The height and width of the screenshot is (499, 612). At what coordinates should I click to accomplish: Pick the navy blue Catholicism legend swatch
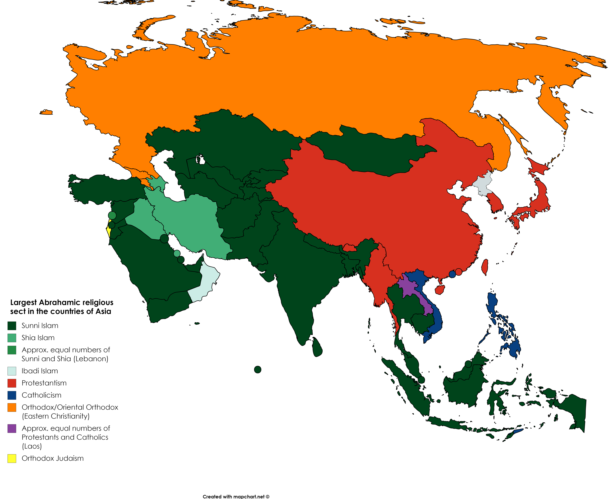coord(12,395)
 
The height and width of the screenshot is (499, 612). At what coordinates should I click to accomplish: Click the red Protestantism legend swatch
coord(12,383)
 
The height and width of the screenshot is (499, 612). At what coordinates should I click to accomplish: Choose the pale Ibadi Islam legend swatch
coord(12,371)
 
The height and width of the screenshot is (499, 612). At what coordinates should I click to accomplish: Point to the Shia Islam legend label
coord(38,338)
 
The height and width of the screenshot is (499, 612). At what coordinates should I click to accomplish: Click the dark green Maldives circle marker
coord(258,370)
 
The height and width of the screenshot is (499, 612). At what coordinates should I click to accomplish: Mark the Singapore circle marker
coord(421,380)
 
